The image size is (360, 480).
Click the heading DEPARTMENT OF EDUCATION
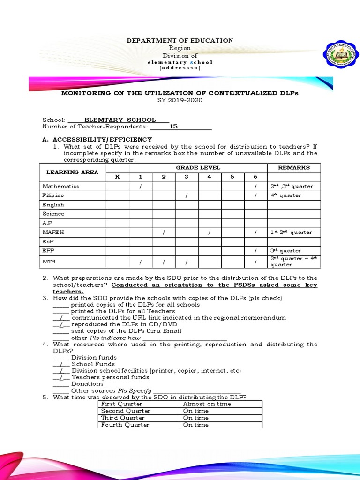pos(180,41)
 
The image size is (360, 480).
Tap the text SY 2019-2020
pos(180,100)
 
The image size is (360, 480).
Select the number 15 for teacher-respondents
pos(173,127)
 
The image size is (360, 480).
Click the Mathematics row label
pos(61,186)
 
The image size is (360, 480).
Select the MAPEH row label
pos(54,232)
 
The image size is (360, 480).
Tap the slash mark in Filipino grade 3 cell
pos(186,195)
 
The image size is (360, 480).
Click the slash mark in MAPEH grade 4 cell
pos(209,232)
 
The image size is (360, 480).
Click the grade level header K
pos(117,177)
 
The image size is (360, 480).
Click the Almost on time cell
pos(207,404)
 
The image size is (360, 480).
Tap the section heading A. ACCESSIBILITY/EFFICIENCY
pos(97,139)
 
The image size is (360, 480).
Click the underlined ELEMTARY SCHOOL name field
pos(120,120)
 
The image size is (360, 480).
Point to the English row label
pos(53,205)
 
